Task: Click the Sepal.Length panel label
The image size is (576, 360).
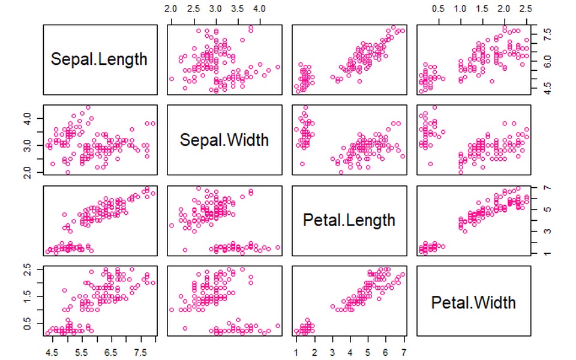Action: point(99,59)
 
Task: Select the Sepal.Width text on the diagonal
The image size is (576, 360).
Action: point(224,140)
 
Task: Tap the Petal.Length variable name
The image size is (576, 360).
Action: point(349,220)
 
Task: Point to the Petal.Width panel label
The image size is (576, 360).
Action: point(473,302)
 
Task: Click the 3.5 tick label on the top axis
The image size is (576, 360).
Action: point(238,8)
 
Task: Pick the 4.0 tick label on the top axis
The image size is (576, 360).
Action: point(259,8)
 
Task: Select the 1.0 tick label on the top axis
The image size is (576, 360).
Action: point(460,8)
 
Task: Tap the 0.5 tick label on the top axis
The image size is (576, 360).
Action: point(438,8)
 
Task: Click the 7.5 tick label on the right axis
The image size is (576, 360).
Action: point(547,35)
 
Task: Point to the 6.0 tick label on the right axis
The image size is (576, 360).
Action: point(547,61)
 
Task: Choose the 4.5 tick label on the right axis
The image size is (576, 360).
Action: point(547,88)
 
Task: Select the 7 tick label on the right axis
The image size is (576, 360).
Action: point(548,188)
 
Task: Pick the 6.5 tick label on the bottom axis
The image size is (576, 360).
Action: point(110,353)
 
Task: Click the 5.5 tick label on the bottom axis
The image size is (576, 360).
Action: point(81,353)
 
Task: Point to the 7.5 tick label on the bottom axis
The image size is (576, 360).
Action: point(140,353)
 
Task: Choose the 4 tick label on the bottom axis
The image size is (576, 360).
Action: point(350,353)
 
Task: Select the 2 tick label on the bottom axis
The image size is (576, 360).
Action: point(314,353)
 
